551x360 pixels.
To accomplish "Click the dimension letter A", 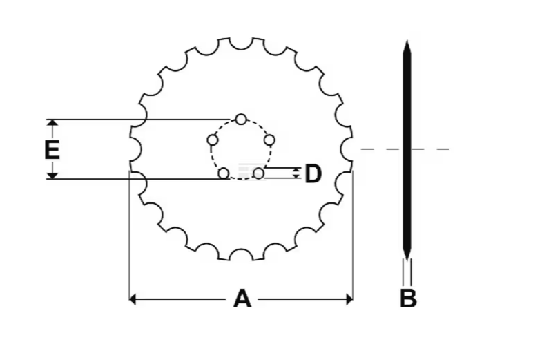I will coord(242,299).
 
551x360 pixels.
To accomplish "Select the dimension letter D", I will coord(313,173).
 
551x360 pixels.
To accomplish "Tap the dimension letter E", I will coord(52,149).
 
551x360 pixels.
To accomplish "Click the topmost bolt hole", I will coord(240,120).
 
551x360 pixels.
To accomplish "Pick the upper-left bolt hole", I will coord(213,141).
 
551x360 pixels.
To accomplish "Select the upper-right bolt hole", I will coord(269,140).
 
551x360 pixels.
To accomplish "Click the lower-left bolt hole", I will coord(224,173).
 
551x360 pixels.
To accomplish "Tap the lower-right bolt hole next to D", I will coord(258,173).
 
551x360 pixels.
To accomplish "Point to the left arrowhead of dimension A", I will coord(133,299).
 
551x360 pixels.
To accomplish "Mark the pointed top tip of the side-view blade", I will coord(407,43).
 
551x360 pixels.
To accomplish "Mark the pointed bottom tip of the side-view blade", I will coord(407,256).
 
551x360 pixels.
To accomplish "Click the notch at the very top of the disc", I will coord(240,43).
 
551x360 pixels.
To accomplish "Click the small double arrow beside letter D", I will coord(297,173).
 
